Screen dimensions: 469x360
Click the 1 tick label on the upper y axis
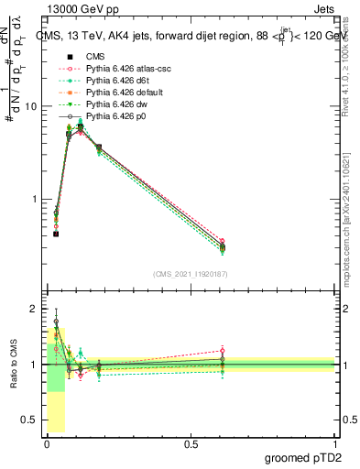click(35, 200)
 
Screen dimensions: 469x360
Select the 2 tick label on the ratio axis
click(35, 309)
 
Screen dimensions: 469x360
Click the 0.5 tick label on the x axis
click(191, 444)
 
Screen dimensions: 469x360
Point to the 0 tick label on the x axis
click(47, 444)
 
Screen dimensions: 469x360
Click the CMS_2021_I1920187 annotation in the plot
click(191, 274)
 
